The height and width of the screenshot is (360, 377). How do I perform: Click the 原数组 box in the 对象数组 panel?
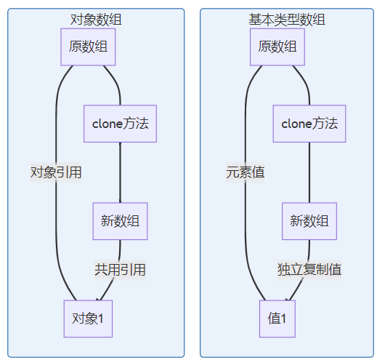88,47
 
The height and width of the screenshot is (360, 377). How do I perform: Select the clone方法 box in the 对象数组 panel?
120,124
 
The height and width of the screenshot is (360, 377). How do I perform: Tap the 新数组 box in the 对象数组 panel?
120,221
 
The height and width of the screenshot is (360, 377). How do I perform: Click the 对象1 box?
88,319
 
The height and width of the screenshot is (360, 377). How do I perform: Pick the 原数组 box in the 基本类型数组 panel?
277,47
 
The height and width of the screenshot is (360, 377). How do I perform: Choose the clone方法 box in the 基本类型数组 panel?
309,124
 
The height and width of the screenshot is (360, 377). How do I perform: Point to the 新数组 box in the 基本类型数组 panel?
309,221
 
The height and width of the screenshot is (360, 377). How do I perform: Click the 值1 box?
277,319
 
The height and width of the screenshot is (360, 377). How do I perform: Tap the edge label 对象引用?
56,172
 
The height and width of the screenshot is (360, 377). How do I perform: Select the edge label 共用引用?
120,270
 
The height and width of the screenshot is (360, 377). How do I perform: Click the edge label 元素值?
246,172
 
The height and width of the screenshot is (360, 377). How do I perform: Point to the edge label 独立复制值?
309,270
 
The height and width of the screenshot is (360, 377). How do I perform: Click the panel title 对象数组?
96,20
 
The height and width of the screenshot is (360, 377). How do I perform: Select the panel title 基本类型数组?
287,20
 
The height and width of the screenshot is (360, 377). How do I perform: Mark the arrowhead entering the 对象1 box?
99,300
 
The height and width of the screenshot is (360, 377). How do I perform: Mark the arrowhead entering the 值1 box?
288,300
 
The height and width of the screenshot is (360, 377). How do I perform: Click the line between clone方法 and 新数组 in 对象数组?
120,172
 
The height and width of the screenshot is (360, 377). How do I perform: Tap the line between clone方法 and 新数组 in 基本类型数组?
309,172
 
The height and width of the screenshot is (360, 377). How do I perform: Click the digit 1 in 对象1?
101,319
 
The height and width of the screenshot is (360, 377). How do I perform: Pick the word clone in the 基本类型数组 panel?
296,124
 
